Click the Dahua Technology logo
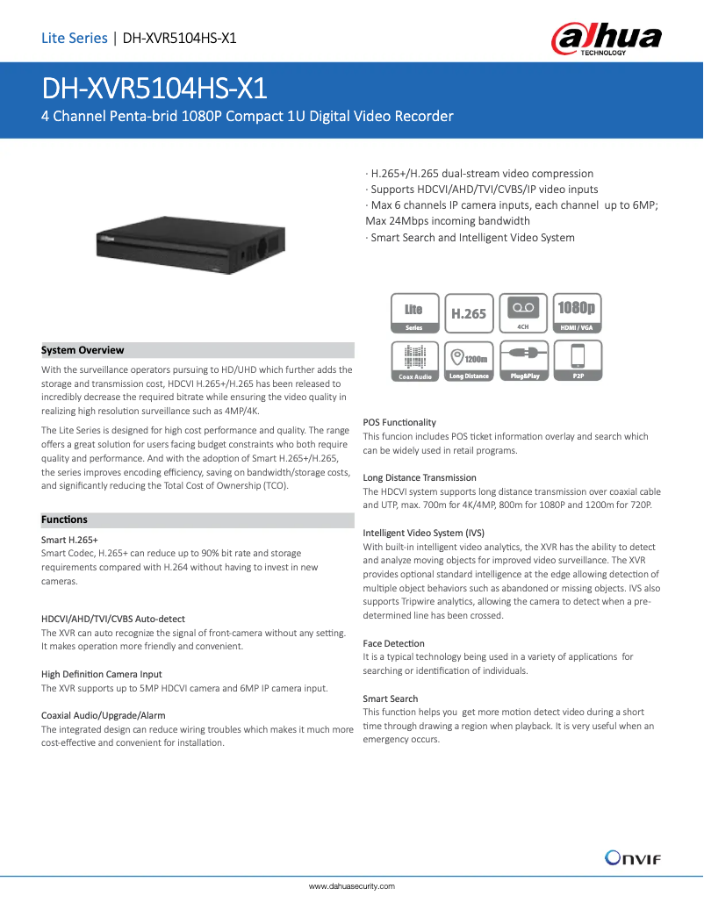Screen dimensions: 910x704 click(x=605, y=39)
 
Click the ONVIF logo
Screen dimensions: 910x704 click(x=633, y=857)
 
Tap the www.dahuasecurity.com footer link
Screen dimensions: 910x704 click(x=351, y=886)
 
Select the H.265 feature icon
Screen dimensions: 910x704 click(x=469, y=313)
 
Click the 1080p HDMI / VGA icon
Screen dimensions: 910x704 click(x=577, y=313)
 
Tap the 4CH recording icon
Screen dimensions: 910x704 click(x=523, y=313)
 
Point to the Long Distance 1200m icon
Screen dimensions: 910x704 click(x=469, y=362)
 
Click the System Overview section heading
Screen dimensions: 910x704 click(x=83, y=350)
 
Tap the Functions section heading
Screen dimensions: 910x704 click(x=64, y=519)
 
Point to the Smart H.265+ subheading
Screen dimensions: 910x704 click(x=69, y=540)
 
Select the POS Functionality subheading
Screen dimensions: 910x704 click(x=399, y=422)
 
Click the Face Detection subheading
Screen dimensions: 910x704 click(x=393, y=643)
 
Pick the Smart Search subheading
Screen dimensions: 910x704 click(x=391, y=699)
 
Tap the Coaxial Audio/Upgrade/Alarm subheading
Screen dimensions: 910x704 click(x=104, y=715)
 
